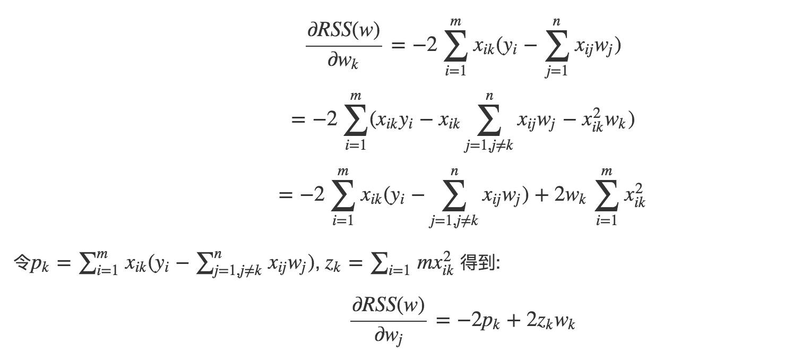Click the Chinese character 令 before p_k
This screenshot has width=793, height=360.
tap(21, 263)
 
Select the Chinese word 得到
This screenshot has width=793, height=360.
tap(477, 263)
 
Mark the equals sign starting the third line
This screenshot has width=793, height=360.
tap(285, 195)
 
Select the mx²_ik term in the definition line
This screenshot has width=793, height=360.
tap(435, 264)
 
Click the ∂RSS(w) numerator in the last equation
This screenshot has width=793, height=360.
tap(388, 306)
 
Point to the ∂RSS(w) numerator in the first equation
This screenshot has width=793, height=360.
tap(343, 31)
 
